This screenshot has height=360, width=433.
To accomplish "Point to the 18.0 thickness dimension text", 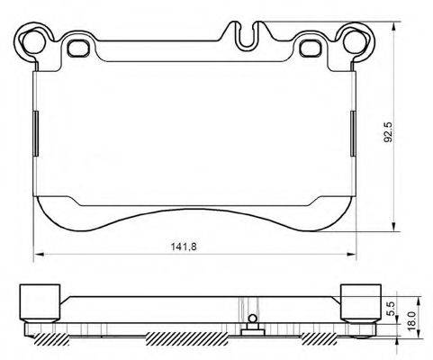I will coord(411,319).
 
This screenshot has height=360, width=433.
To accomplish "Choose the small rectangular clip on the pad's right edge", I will coord(352,121).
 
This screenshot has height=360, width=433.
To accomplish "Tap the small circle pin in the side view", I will coord(254,317).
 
